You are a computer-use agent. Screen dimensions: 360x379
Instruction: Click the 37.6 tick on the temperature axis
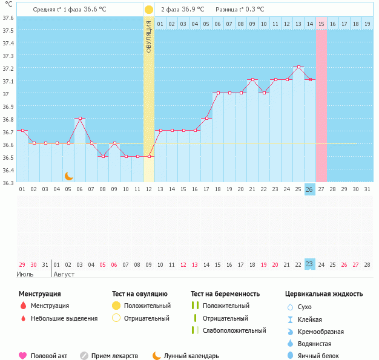(8, 18)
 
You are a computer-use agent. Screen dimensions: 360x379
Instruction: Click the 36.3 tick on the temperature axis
(8, 183)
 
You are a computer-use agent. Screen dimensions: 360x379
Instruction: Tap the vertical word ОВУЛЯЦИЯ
(149, 37)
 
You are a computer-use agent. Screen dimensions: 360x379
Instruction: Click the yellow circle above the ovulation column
(149, 10)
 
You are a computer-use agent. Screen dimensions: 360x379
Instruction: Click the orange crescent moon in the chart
(69, 176)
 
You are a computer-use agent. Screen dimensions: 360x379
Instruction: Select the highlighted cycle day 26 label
(309, 189)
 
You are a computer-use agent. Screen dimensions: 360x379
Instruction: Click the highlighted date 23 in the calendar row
(309, 264)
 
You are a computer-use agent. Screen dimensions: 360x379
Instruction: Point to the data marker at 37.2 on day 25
(298, 67)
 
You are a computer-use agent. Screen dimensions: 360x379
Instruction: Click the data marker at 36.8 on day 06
(80, 119)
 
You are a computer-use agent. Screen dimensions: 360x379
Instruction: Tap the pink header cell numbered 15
(321, 24)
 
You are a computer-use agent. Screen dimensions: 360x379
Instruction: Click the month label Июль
(25, 274)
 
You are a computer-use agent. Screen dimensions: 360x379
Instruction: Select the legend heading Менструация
(39, 293)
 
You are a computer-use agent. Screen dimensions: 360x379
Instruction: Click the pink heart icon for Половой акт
(23, 356)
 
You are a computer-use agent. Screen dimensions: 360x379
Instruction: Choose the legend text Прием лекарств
(114, 356)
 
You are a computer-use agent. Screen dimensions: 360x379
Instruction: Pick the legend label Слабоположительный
(234, 330)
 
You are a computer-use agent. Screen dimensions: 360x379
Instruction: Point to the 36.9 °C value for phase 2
(193, 10)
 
